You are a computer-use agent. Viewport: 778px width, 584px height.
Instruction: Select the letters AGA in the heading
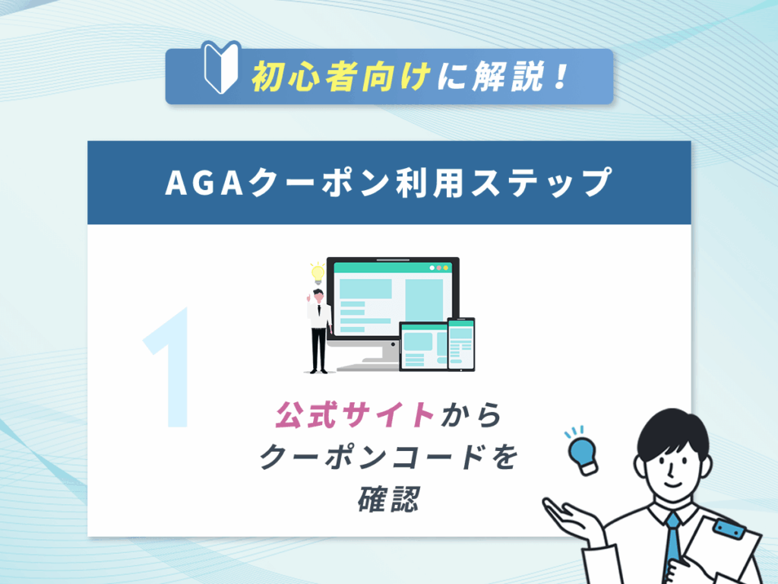click(x=200, y=182)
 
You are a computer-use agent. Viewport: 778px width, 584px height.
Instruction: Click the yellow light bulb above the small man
click(x=317, y=271)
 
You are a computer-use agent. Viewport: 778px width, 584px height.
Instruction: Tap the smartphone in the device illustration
click(x=460, y=344)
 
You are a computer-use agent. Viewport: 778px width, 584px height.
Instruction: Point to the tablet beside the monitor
click(x=422, y=347)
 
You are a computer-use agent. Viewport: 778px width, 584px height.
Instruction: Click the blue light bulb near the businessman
click(x=582, y=453)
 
